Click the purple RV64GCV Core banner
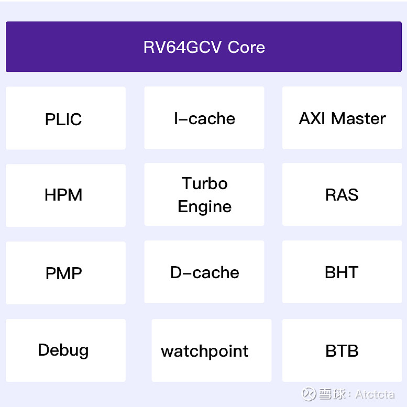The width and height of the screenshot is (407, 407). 203,47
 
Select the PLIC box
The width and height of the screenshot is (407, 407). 65,118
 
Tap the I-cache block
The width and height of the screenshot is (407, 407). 204,118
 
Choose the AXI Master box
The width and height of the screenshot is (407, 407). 342,118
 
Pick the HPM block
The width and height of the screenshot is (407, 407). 65,195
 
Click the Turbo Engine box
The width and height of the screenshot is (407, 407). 204,194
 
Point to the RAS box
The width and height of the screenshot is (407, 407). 342,194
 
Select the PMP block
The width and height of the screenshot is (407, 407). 65,272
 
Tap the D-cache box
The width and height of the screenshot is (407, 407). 204,272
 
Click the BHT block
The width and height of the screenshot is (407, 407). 342,272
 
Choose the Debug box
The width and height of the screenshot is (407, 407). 65,350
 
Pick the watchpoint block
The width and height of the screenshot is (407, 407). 211,350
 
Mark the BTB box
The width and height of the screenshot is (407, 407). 342,350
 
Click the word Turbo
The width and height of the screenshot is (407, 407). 204,183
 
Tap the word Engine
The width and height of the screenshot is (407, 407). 204,206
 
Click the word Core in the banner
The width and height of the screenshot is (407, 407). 246,47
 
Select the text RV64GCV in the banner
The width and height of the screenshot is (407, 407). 183,47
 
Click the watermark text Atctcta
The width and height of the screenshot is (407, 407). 375,394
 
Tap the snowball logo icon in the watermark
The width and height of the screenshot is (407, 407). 309,394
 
